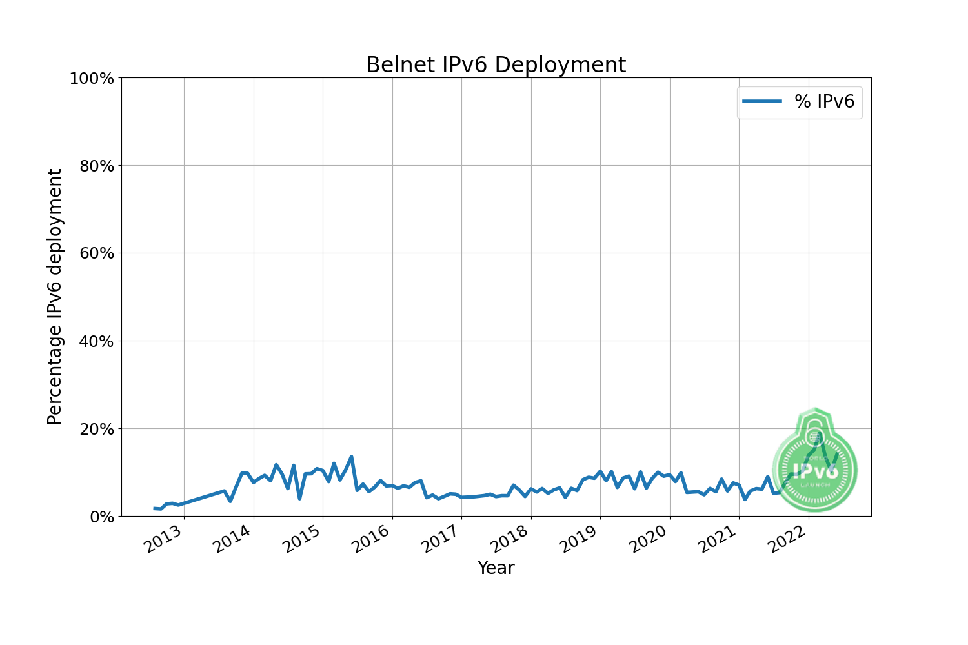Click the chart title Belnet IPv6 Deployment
point(496,65)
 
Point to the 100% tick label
point(92,79)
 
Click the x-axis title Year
point(496,568)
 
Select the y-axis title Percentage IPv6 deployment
point(55,297)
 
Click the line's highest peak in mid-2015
point(351,457)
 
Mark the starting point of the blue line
point(154,508)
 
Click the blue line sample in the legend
point(762,101)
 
